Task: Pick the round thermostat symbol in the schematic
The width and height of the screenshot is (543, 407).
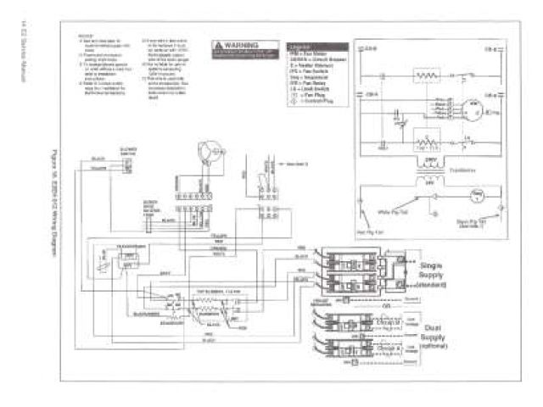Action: [476, 196]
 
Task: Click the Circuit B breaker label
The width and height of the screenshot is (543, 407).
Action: [386, 348]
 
